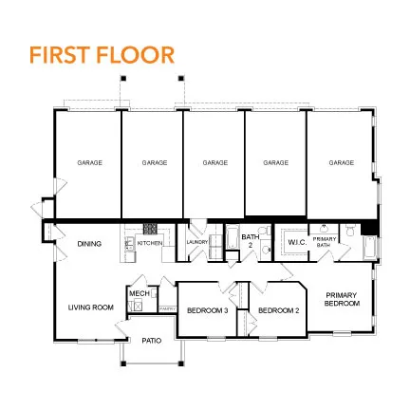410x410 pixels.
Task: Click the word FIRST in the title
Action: click(x=59, y=55)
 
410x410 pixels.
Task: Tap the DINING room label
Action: click(x=89, y=244)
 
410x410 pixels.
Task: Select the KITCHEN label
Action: click(x=150, y=244)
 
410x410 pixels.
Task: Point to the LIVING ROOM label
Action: click(x=90, y=307)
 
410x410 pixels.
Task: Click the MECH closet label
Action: click(x=137, y=293)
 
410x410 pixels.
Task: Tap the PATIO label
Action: click(x=150, y=339)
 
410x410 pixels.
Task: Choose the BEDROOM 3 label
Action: click(x=206, y=310)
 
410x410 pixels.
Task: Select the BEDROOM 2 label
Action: click(x=278, y=310)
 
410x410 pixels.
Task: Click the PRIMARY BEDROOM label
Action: click(x=342, y=298)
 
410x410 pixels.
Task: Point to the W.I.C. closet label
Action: click(x=296, y=243)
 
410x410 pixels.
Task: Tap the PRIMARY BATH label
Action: click(x=325, y=243)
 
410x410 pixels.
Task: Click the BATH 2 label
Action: click(x=250, y=239)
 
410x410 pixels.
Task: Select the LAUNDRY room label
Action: click(x=196, y=243)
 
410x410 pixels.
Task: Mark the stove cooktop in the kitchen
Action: click(x=150, y=229)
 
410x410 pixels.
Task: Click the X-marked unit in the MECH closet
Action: click(x=138, y=307)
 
